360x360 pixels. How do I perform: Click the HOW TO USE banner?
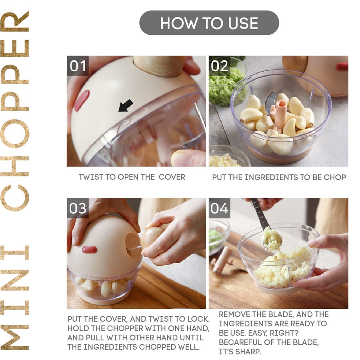209,23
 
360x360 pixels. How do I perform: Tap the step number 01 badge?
78,66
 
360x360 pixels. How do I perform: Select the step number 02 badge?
220,66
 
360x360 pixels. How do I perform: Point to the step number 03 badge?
78,208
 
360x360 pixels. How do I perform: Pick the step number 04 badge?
220,208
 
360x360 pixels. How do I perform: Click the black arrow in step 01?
125,106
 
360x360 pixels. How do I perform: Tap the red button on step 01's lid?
82,100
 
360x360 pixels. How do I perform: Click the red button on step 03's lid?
89,250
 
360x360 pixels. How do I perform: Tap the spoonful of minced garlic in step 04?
272,238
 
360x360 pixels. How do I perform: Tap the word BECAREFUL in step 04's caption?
240,342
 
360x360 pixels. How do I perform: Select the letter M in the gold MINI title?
14,338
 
